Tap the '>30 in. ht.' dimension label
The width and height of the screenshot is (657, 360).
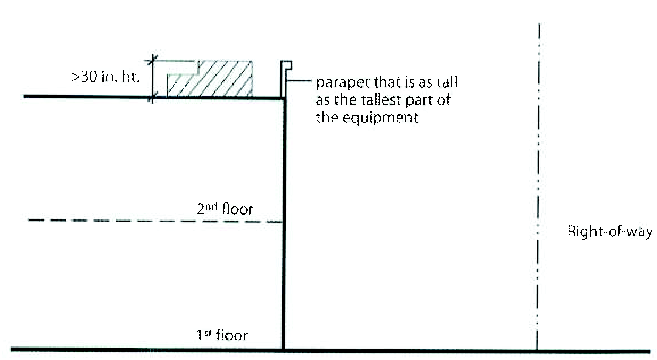pyautogui.click(x=105, y=77)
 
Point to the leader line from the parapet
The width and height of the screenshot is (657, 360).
pyautogui.click(x=298, y=80)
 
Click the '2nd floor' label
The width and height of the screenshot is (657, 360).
pyautogui.click(x=225, y=209)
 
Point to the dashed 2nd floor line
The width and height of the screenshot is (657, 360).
pyautogui.click(x=151, y=221)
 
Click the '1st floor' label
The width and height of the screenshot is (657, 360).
pyautogui.click(x=222, y=335)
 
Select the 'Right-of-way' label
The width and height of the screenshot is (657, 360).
pyautogui.click(x=610, y=231)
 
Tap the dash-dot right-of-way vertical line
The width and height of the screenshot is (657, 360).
pyautogui.click(x=538, y=189)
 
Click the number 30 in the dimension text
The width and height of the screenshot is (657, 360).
pyautogui.click(x=90, y=77)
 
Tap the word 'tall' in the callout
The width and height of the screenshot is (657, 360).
pyautogui.click(x=447, y=82)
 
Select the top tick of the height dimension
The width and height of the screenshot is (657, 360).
pyautogui.click(x=153, y=60)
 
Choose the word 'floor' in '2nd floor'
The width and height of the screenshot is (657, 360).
pyautogui.click(x=237, y=209)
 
